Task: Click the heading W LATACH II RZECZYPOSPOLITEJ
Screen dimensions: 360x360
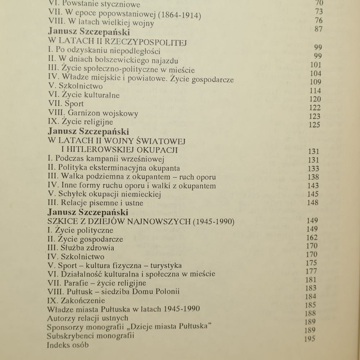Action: pos(117,42)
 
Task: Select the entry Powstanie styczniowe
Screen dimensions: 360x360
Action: pos(101,5)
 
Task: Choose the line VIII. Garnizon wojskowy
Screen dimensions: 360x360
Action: pos(93,113)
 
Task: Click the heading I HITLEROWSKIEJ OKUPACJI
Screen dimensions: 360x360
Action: pos(120,149)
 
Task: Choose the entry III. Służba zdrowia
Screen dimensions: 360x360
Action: pos(81,248)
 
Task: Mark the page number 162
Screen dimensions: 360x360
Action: pos(312,238)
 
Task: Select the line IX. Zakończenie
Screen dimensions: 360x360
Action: pos(76,301)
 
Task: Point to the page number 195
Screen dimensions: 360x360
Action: pos(309,338)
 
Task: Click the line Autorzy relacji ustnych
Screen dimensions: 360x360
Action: pos(87,318)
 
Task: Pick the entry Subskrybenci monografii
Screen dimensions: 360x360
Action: pos(90,336)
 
